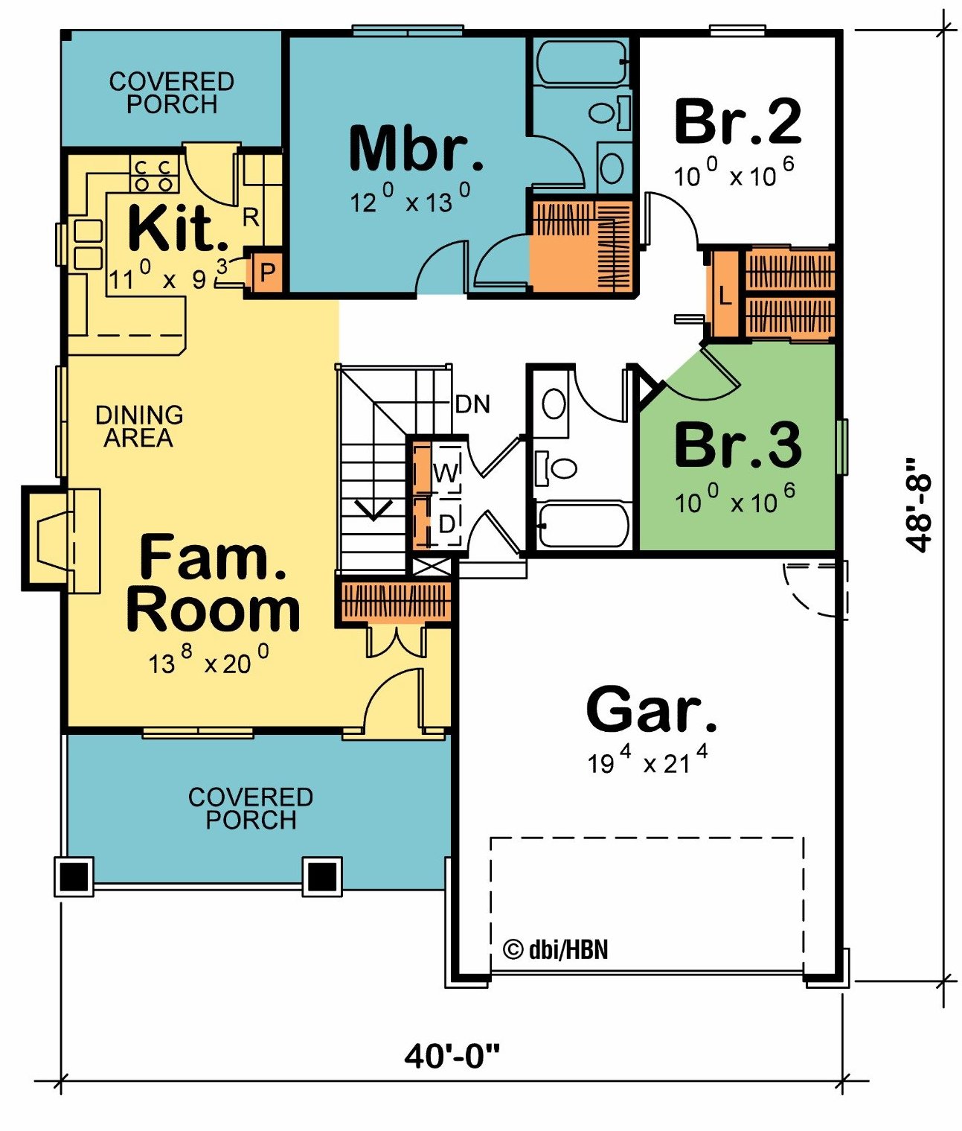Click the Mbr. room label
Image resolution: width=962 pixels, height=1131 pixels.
[x=416, y=147]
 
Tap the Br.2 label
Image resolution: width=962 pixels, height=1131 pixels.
[x=738, y=121]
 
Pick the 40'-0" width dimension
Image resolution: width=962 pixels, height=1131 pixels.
[x=453, y=1057]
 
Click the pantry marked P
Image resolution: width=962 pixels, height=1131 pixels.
[x=267, y=272]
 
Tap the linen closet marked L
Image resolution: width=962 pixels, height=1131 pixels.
[x=725, y=296]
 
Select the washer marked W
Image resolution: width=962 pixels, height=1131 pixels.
[x=446, y=473]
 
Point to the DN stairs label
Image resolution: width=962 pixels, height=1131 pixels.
[x=473, y=404]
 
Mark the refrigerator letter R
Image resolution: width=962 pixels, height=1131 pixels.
[x=251, y=217]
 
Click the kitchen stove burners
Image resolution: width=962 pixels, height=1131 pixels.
[x=154, y=174]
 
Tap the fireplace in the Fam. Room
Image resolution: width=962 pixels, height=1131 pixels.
[x=61, y=538]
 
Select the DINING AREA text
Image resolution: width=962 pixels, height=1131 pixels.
[x=139, y=426]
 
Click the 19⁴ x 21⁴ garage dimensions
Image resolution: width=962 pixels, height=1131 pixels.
[x=647, y=760]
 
